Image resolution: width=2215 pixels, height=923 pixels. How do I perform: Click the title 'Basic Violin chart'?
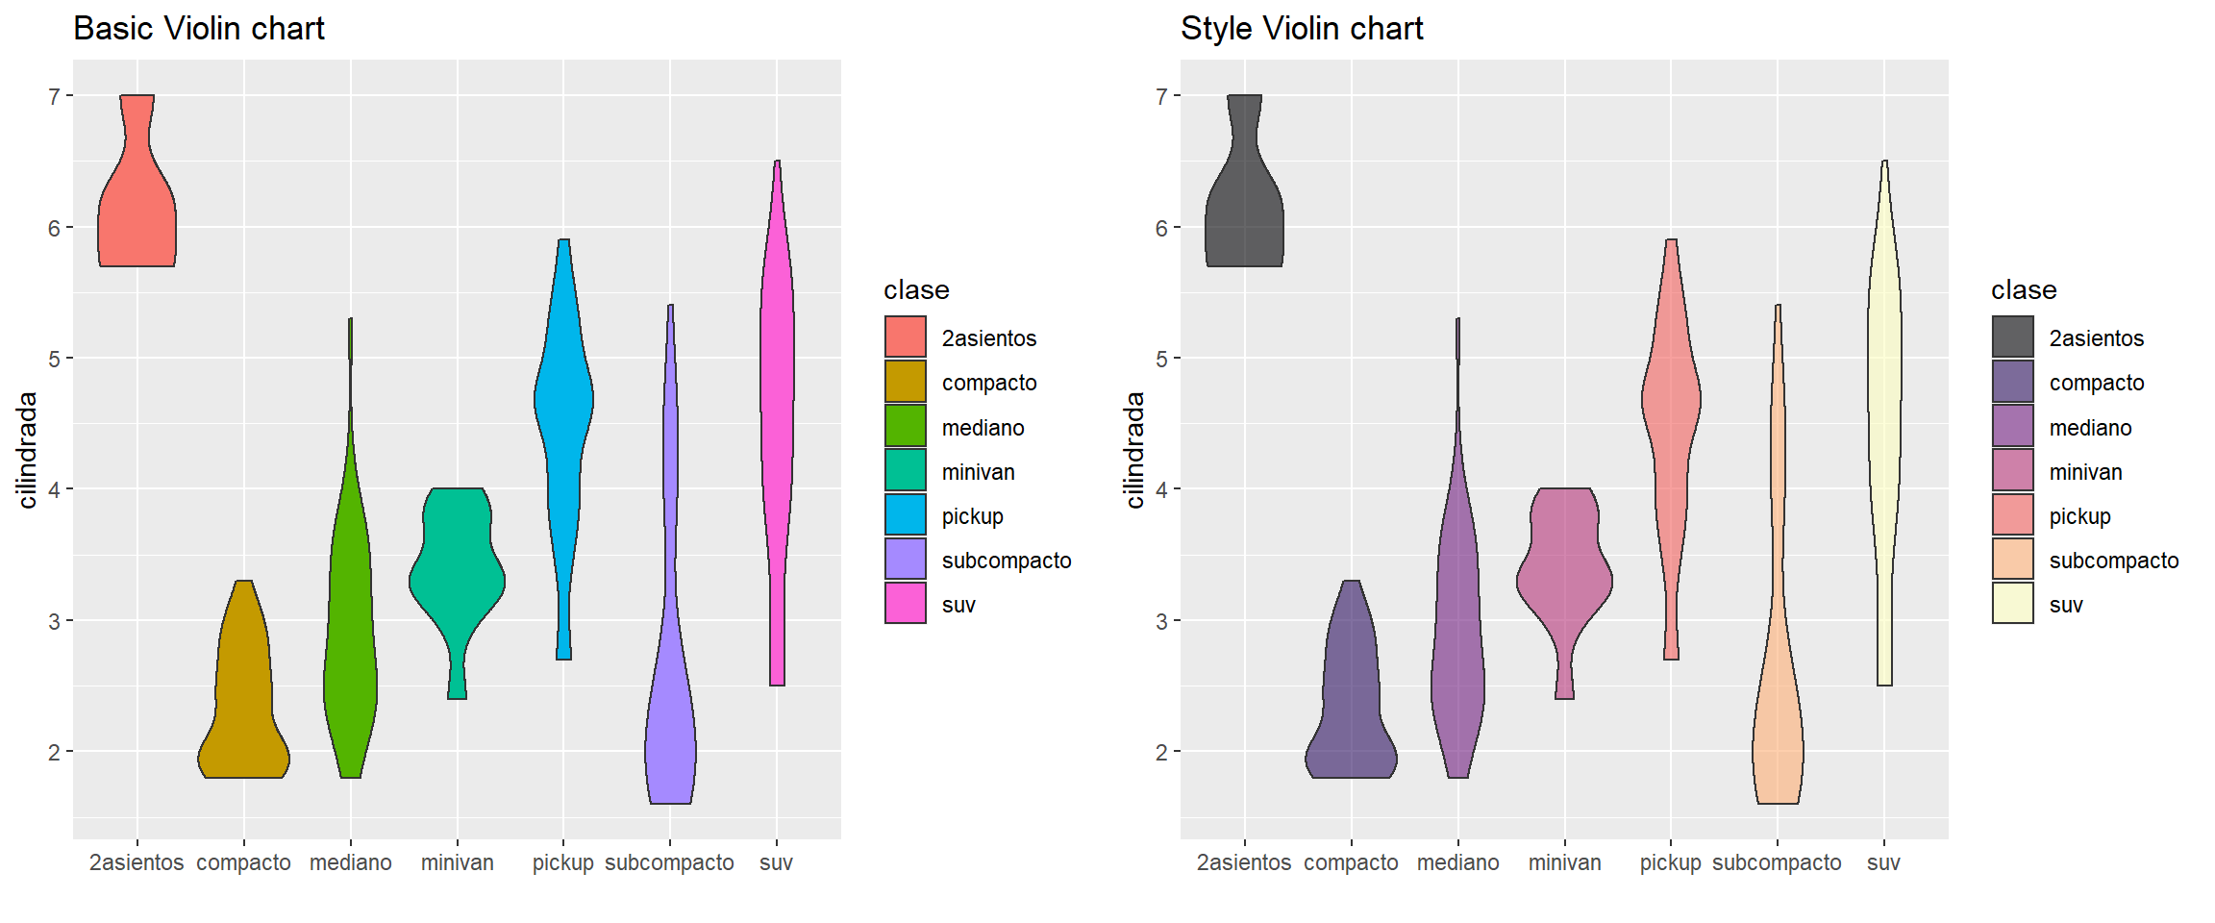(x=199, y=29)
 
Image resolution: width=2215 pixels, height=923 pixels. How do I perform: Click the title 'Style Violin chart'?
(x=1301, y=29)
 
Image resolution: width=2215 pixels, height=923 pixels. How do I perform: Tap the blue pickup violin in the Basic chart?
(x=564, y=404)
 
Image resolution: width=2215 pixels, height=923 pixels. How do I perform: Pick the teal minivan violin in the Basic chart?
(x=458, y=567)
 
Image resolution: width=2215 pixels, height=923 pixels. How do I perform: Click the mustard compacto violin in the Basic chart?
(x=244, y=711)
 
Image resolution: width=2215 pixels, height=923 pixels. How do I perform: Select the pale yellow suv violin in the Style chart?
(x=1884, y=404)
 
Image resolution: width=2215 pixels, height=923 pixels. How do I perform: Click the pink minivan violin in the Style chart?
(x=1565, y=567)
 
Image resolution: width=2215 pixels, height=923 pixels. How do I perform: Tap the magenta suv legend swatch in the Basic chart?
(x=906, y=604)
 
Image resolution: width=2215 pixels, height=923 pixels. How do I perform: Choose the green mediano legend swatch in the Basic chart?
(x=906, y=427)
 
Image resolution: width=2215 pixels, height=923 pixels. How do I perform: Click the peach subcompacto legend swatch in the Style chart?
(x=2013, y=560)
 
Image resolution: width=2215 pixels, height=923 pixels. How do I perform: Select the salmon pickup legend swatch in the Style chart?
(x=2013, y=515)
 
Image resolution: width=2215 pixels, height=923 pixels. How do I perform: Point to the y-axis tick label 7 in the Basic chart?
(x=55, y=96)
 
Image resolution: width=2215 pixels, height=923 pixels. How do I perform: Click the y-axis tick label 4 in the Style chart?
(x=1161, y=490)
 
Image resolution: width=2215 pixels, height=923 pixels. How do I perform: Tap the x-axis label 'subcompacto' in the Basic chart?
(x=669, y=863)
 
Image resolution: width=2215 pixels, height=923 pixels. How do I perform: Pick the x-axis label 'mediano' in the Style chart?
(x=1457, y=863)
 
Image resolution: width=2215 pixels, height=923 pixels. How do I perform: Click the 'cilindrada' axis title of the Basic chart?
(x=28, y=450)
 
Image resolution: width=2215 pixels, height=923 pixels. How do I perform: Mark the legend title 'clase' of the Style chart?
(x=2024, y=290)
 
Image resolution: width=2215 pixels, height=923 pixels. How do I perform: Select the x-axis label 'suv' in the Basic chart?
(x=776, y=863)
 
